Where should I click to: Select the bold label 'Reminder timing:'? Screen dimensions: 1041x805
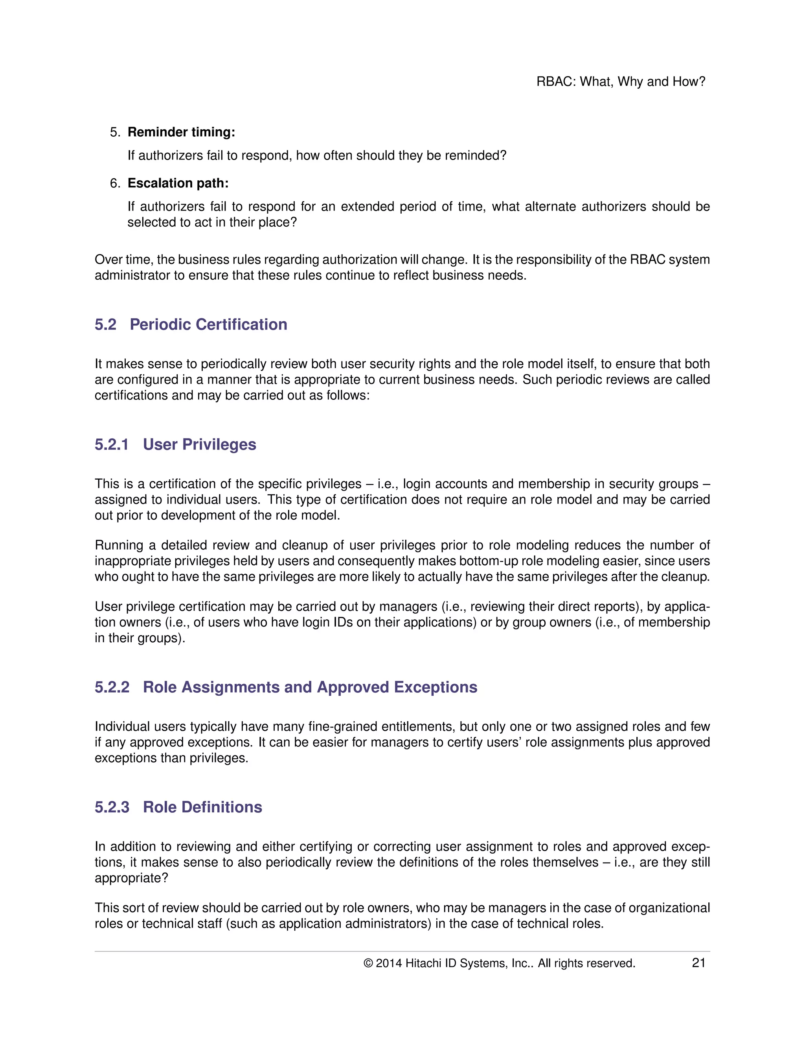(181, 132)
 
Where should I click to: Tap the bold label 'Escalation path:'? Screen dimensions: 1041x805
(178, 183)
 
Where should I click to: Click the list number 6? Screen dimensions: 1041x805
(114, 183)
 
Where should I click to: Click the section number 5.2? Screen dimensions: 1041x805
(105, 324)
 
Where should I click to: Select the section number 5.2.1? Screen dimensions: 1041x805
(112, 444)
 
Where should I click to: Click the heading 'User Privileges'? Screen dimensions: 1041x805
(199, 444)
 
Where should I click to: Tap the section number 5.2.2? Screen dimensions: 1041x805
(112, 687)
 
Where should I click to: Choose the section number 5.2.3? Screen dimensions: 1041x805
(112, 807)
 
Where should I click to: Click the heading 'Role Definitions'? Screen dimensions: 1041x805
(202, 807)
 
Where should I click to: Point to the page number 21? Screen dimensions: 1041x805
(698, 963)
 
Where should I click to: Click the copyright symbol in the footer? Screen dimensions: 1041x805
(368, 963)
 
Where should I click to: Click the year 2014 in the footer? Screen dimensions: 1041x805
(388, 963)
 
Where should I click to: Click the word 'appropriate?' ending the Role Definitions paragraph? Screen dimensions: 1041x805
(131, 878)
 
